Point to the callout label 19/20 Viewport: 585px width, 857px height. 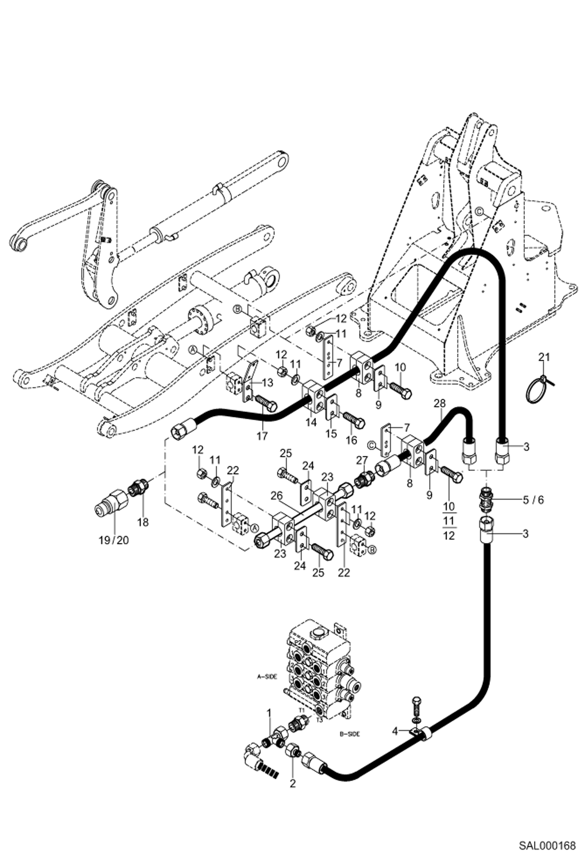(113, 541)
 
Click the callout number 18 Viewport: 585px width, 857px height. (143, 522)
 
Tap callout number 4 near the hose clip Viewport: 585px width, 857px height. (395, 731)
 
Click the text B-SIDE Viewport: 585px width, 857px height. (350, 734)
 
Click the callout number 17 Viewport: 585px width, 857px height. (262, 436)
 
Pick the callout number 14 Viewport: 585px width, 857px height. (311, 422)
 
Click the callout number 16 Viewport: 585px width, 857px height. (351, 440)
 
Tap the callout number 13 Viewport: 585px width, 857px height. (267, 383)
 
